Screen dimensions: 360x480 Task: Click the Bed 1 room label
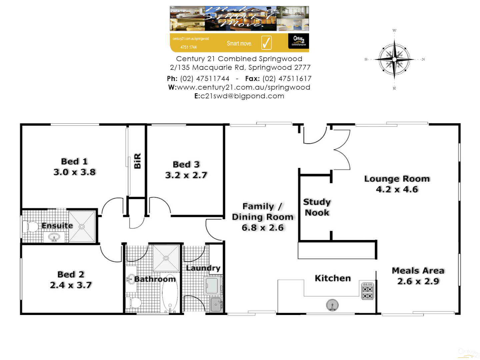click(x=74, y=162)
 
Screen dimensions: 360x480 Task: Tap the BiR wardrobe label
click(x=137, y=161)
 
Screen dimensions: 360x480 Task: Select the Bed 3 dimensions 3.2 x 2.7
click(x=186, y=175)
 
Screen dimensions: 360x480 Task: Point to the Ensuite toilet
click(x=31, y=227)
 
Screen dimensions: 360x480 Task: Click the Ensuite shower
click(x=82, y=227)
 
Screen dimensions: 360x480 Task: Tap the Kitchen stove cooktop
click(x=367, y=291)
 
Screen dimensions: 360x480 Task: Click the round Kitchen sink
click(x=332, y=305)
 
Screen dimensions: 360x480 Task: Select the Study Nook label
click(x=317, y=207)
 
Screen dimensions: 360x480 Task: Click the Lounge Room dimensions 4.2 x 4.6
click(x=397, y=189)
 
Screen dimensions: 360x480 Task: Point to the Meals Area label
click(x=418, y=271)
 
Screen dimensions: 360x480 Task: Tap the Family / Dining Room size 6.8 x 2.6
click(x=263, y=228)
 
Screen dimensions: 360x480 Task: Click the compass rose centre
click(x=394, y=59)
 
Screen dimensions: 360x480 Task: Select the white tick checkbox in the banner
click(x=266, y=43)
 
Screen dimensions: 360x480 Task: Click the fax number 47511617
click(x=287, y=79)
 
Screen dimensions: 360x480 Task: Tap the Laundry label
click(x=203, y=268)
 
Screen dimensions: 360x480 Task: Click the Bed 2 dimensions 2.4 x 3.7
click(x=71, y=285)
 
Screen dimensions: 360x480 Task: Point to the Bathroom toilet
click(x=134, y=303)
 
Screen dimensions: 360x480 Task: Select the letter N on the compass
click(x=423, y=59)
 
